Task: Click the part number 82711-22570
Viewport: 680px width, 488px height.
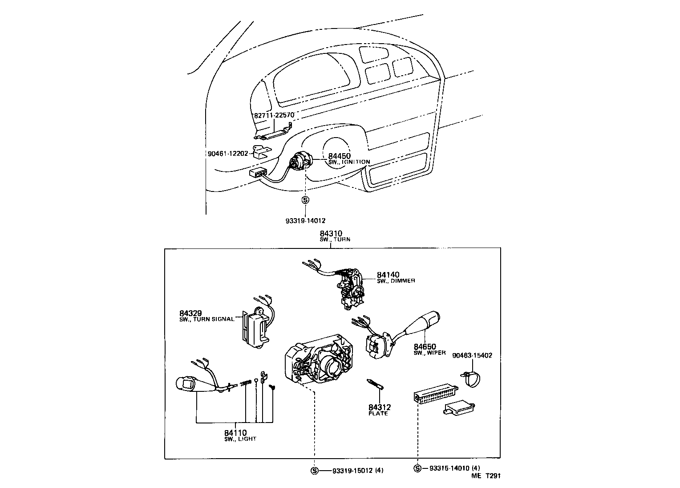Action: point(274,115)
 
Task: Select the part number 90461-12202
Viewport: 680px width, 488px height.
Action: point(227,154)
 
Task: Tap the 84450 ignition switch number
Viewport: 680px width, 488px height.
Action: point(340,156)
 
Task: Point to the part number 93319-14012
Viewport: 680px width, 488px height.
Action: point(306,220)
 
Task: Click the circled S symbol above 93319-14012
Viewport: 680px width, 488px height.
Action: point(305,200)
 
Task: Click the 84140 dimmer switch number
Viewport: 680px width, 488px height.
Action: point(388,275)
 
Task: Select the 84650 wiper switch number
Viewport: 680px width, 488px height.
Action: point(425,346)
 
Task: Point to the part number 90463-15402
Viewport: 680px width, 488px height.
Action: point(472,355)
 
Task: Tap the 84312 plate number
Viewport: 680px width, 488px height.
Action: point(379,407)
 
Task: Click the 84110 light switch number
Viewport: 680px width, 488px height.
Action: point(235,433)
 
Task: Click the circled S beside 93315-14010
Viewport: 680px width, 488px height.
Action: point(417,468)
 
